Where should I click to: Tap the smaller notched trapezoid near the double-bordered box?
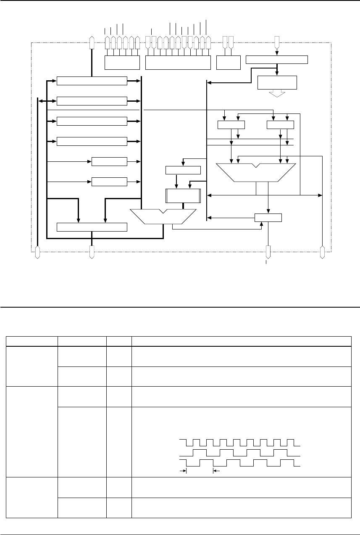[164, 216]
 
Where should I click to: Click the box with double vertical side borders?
[183, 196]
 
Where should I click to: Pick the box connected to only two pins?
[228, 62]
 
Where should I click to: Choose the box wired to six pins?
[121, 62]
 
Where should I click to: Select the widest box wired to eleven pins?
[177, 62]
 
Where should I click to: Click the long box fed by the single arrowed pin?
[276, 59]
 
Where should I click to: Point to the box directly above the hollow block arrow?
[276, 82]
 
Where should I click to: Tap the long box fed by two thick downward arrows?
[92, 227]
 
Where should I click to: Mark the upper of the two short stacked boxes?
[109, 161]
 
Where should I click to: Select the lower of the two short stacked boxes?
[109, 182]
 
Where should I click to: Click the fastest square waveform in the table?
[240, 443]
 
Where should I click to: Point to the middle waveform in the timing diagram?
[240, 453]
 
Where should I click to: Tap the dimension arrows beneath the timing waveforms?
[200, 472]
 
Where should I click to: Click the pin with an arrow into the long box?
[276, 42]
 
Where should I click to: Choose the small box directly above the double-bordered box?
[183, 170]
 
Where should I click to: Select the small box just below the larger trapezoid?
[268, 217]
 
